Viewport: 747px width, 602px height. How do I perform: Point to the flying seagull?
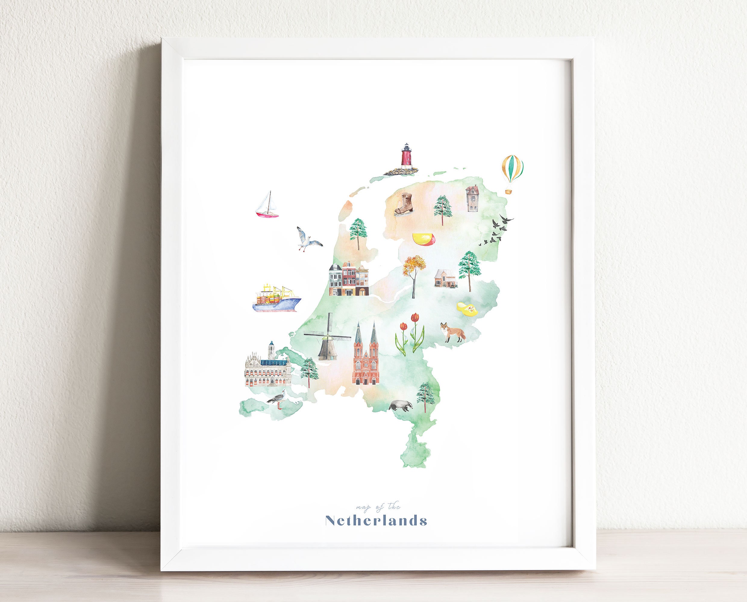click(307, 239)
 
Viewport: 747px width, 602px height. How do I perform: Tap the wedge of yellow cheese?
click(424, 239)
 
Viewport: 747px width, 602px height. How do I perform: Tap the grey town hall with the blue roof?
click(267, 367)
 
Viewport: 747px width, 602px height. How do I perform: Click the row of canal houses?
click(348, 280)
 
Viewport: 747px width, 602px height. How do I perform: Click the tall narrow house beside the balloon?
click(472, 198)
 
